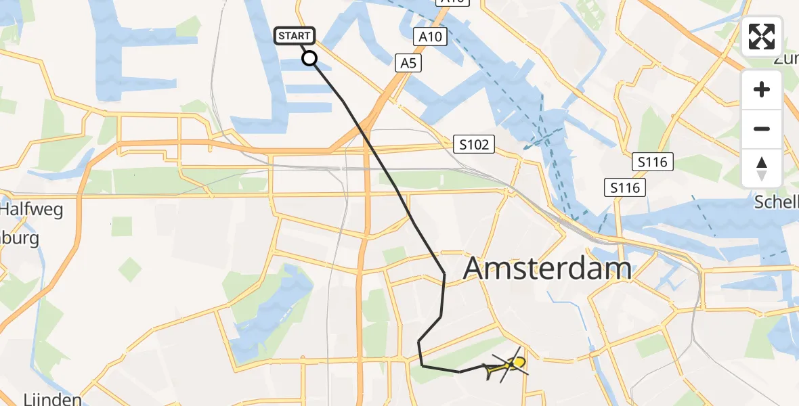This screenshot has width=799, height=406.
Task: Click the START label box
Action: click(x=294, y=36)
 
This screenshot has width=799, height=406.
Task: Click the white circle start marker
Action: click(x=309, y=58)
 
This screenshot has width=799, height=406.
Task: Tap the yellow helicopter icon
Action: click(x=507, y=366)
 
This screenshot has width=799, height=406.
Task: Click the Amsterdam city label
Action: click(x=548, y=269)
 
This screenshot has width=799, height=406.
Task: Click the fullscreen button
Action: click(x=762, y=37)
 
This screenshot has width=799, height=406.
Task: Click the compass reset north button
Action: click(x=762, y=168)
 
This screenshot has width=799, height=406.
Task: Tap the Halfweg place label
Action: click(x=31, y=210)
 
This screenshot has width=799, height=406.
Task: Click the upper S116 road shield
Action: click(x=653, y=162)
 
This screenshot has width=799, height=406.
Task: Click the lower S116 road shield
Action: click(x=625, y=187)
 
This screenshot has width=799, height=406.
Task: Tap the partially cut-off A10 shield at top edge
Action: click(x=452, y=3)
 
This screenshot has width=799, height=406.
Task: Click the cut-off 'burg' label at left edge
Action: click(x=20, y=238)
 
